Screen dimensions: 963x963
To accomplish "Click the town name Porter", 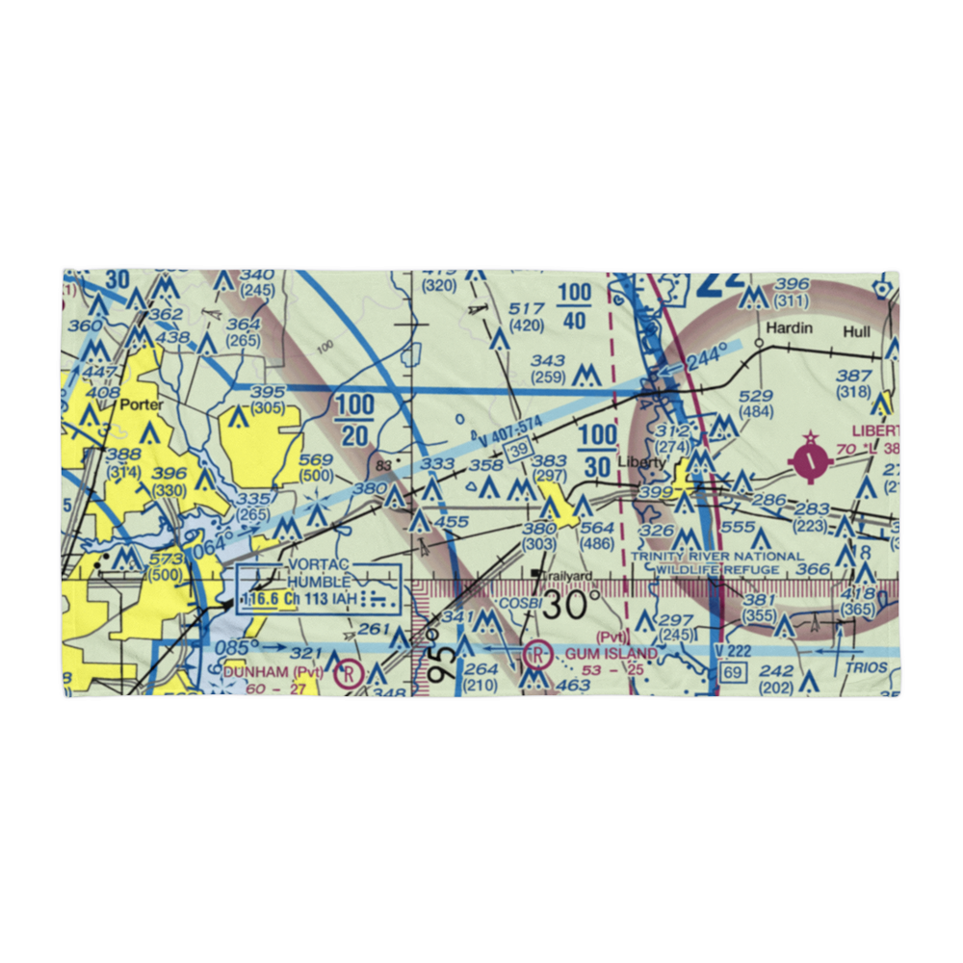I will [143, 404].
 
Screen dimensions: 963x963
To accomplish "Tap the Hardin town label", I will [789, 328].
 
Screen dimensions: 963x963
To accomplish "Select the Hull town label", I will [856, 331].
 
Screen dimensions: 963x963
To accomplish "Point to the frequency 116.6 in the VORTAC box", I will [263, 599].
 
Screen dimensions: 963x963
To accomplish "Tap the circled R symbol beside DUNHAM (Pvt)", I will [345, 675].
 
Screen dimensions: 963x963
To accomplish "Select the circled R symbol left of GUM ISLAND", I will [537, 656].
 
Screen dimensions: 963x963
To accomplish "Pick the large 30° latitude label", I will [574, 606].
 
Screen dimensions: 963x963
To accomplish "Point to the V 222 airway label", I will [733, 652].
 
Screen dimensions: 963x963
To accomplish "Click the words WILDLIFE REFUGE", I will [717, 570].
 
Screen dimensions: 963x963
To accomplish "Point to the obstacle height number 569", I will [316, 459].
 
